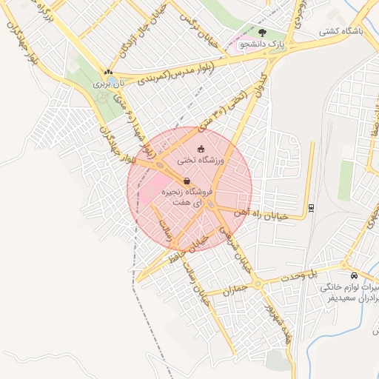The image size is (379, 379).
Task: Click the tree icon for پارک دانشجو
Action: click(263, 33)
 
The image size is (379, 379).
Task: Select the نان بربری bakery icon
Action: click(108, 73)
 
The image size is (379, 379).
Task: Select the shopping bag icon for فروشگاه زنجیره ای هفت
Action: click(186, 180)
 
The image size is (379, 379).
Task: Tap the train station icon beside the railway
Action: click(312, 207)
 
